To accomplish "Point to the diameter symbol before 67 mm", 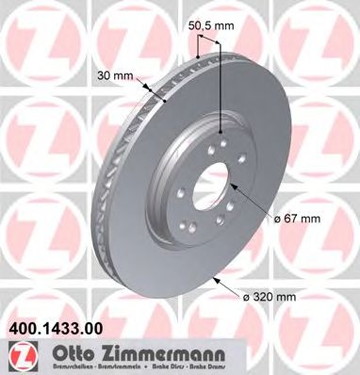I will click(279, 218).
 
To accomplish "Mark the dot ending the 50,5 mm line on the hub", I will click(220, 132).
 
